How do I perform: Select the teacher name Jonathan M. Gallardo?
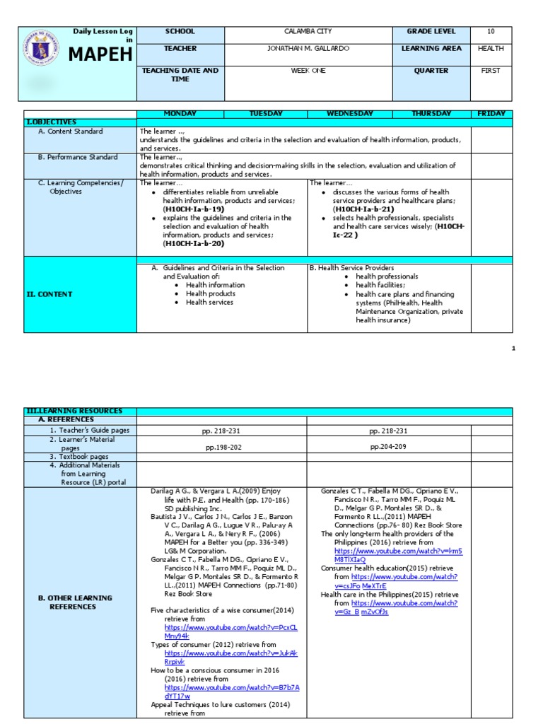pyautogui.click(x=308, y=49)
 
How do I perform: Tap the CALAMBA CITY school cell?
pyautogui.click(x=308, y=32)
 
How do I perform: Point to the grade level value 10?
pyautogui.click(x=491, y=32)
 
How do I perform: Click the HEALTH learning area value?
pyautogui.click(x=491, y=49)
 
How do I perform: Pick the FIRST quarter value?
pyautogui.click(x=491, y=71)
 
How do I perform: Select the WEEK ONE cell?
pyautogui.click(x=308, y=71)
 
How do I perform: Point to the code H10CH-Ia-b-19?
pyautogui.click(x=193, y=209)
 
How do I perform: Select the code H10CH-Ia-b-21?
pyautogui.click(x=363, y=209)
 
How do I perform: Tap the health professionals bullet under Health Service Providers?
pyautogui.click(x=387, y=276)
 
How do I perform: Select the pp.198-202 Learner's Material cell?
pyautogui.click(x=221, y=448)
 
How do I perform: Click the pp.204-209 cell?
pyautogui.click(x=388, y=447)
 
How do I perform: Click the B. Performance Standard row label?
pyautogui.click(x=78, y=157)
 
